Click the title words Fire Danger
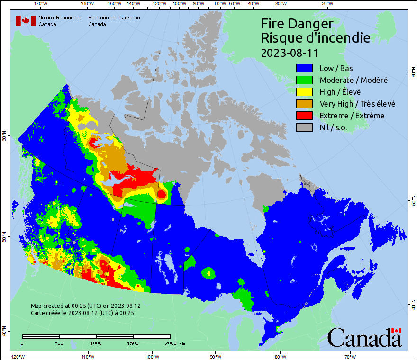coord(297,24)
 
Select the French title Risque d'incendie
coord(315,37)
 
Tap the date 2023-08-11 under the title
coord(290,52)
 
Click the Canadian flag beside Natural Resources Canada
coord(26,21)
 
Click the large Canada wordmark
coord(364,337)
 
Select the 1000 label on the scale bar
coord(96,343)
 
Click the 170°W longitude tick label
coord(41,4)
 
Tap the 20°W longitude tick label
coord(326,4)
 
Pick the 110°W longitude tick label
coord(87,356)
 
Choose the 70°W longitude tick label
coord(350,356)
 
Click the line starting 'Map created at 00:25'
coord(85,306)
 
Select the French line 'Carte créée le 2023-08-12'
coord(82,313)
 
